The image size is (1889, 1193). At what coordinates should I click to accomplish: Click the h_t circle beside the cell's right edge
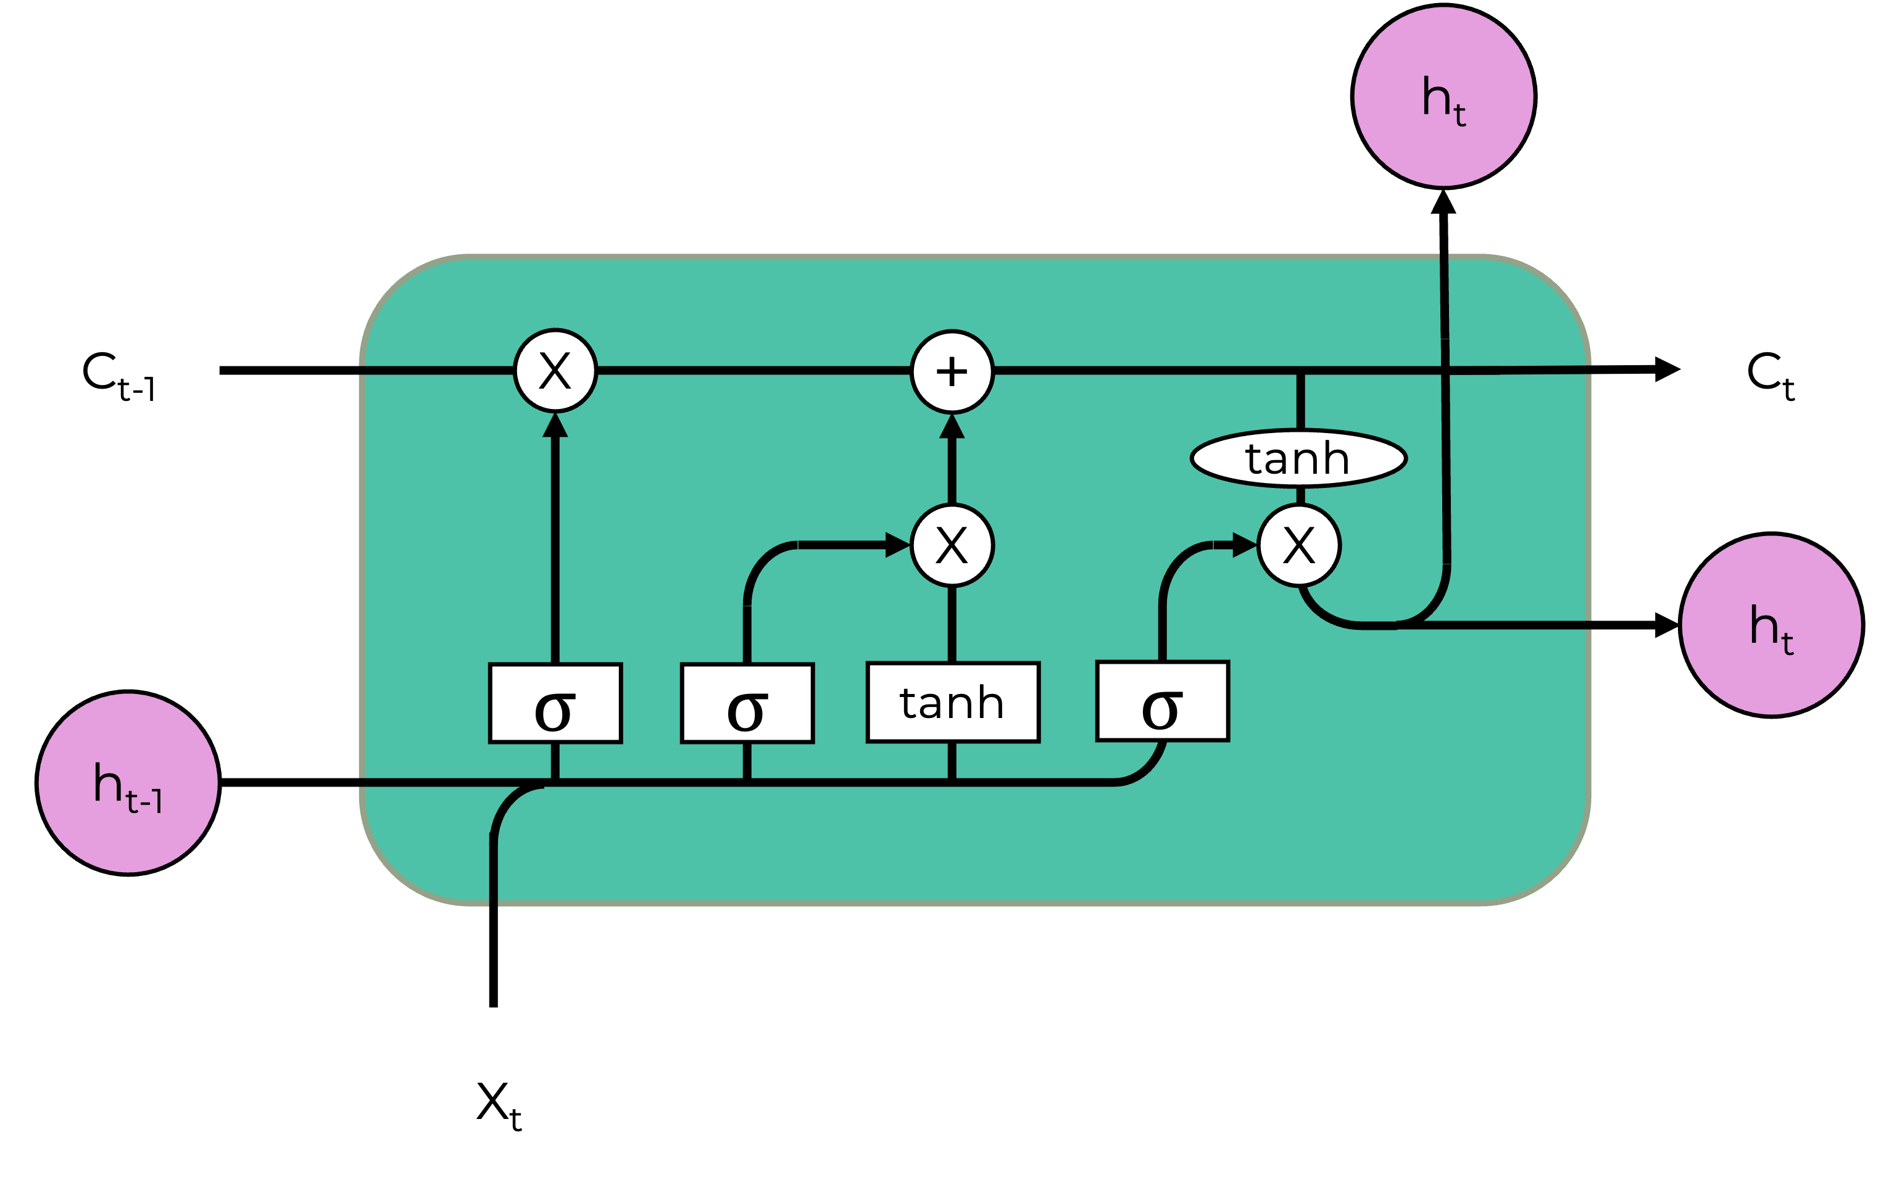(x=1771, y=625)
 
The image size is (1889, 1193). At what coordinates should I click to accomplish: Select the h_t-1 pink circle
(x=128, y=783)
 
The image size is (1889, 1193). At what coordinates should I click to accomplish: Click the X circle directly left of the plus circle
(x=555, y=370)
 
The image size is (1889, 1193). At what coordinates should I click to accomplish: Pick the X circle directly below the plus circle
(x=952, y=545)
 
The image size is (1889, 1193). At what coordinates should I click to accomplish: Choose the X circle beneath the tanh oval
(x=1299, y=545)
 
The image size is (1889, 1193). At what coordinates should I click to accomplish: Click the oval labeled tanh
(x=1298, y=459)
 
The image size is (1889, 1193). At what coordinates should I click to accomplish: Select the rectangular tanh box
(x=952, y=702)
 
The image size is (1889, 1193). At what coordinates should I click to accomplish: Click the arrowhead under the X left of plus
(x=555, y=425)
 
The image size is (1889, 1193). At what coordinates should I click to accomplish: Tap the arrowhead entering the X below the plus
(x=897, y=545)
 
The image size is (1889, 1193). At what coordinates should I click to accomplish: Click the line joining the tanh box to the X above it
(x=952, y=624)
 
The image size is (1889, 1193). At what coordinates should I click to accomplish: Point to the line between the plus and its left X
(x=753, y=370)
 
